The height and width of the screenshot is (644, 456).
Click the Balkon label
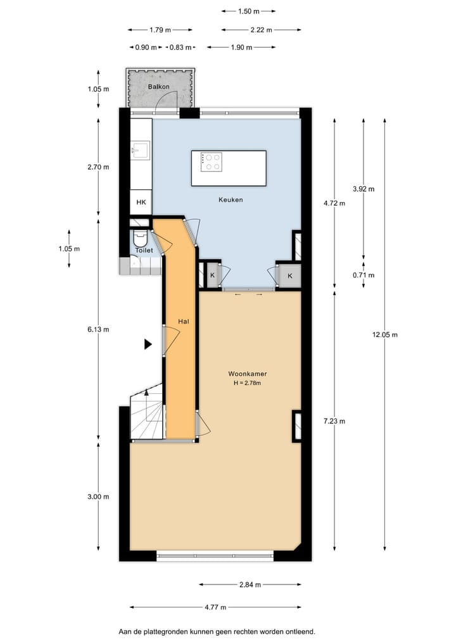(x=158, y=86)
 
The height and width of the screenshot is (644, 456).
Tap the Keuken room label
(x=231, y=199)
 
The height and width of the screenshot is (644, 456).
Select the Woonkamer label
(x=247, y=374)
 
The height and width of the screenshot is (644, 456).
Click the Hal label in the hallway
(x=184, y=322)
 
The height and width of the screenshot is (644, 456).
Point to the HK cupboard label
(x=141, y=203)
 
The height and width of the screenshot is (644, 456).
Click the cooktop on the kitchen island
(x=211, y=162)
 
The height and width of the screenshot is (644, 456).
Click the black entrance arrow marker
(x=148, y=344)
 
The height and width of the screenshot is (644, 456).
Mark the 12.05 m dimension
(x=385, y=334)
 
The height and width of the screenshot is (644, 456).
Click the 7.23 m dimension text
(x=334, y=421)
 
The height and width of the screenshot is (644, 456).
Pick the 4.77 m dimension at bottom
(x=215, y=607)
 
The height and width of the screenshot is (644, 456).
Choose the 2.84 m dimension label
(x=250, y=584)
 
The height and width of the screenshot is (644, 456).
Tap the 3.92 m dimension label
(x=364, y=189)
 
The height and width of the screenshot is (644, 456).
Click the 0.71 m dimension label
(x=364, y=275)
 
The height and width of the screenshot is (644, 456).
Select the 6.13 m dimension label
(x=98, y=329)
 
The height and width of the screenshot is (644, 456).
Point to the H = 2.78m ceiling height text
(x=247, y=383)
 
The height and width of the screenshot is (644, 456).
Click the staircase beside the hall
(x=147, y=415)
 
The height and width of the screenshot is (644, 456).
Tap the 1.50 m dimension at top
(x=248, y=11)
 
